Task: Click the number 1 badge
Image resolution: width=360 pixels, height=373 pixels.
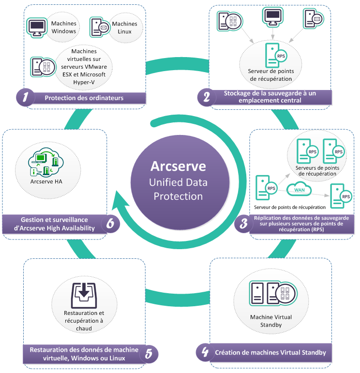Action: pos(26,97)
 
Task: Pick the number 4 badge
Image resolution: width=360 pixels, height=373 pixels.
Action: pos(205,352)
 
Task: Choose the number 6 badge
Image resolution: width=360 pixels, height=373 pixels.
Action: pos(110,224)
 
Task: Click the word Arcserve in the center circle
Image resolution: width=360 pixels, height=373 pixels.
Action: pos(178,166)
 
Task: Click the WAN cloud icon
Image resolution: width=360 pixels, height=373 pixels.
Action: pos(299,190)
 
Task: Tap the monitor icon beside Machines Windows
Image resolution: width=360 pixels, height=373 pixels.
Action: pos(36,27)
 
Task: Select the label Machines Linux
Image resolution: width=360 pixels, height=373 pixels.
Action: pos(124,28)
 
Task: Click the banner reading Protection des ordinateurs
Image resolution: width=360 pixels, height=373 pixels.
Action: pos(84,98)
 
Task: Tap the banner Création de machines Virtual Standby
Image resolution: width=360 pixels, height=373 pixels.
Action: pos(270,352)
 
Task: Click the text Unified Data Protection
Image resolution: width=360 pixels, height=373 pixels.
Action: pos(178,189)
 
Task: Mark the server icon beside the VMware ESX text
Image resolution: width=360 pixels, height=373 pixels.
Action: pos(39,66)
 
